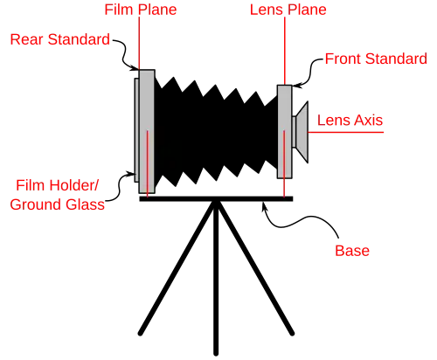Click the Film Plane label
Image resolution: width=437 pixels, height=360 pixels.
141,10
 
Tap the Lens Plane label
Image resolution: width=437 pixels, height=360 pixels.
288,10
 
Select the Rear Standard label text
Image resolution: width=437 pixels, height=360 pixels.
60,39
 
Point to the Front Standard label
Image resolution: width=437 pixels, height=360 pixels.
376,59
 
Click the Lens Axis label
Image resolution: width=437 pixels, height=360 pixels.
350,121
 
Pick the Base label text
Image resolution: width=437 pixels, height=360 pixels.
352,251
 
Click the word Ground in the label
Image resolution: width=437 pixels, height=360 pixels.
37,204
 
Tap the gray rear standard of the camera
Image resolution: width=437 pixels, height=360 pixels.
147,131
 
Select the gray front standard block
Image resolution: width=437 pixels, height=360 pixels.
285,132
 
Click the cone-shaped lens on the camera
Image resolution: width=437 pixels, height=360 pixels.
302,132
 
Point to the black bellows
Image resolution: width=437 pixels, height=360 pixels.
216,132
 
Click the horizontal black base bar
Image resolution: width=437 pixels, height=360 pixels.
216,199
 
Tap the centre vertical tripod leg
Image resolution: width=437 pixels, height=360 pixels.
216,278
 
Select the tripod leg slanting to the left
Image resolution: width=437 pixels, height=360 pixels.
177,268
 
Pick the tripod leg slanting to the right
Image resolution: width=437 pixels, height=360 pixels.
255,268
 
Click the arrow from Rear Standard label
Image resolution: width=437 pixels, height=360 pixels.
124,55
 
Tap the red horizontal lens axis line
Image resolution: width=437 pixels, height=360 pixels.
346,132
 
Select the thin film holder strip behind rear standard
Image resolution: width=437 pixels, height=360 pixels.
136,130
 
